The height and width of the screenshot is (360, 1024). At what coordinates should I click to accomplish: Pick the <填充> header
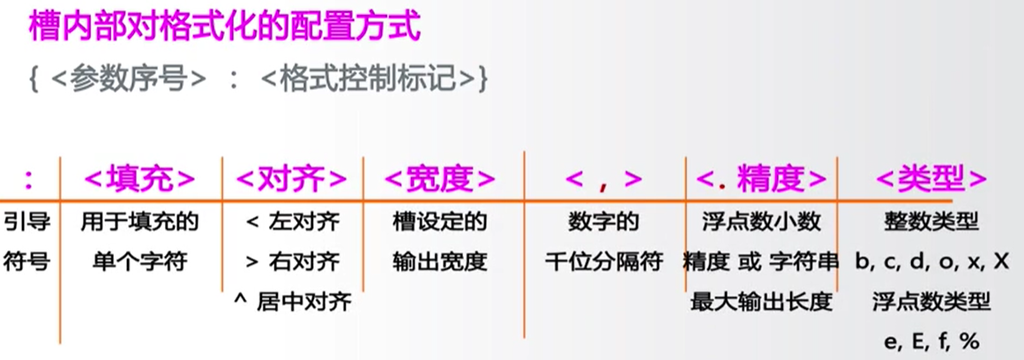coord(139,179)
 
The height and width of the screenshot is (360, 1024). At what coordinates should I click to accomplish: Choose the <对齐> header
coord(292,179)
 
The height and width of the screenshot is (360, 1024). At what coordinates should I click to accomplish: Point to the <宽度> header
coord(439,179)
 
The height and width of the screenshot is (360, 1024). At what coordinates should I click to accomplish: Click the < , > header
coord(604,179)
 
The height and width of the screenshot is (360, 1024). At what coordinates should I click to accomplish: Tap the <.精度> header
coord(761,179)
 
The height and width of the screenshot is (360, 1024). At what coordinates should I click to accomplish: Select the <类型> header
coord(931,179)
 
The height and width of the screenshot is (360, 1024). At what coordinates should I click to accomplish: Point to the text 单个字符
coord(139,262)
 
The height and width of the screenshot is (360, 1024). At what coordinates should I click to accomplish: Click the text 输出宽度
coord(439,262)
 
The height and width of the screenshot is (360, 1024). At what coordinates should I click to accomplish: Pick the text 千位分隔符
coord(604,262)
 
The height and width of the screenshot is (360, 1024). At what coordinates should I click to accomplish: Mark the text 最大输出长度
coord(761,303)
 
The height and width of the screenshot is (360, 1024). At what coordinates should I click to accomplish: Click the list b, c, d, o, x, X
coord(931,262)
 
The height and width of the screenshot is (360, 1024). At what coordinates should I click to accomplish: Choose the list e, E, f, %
coord(931,342)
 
